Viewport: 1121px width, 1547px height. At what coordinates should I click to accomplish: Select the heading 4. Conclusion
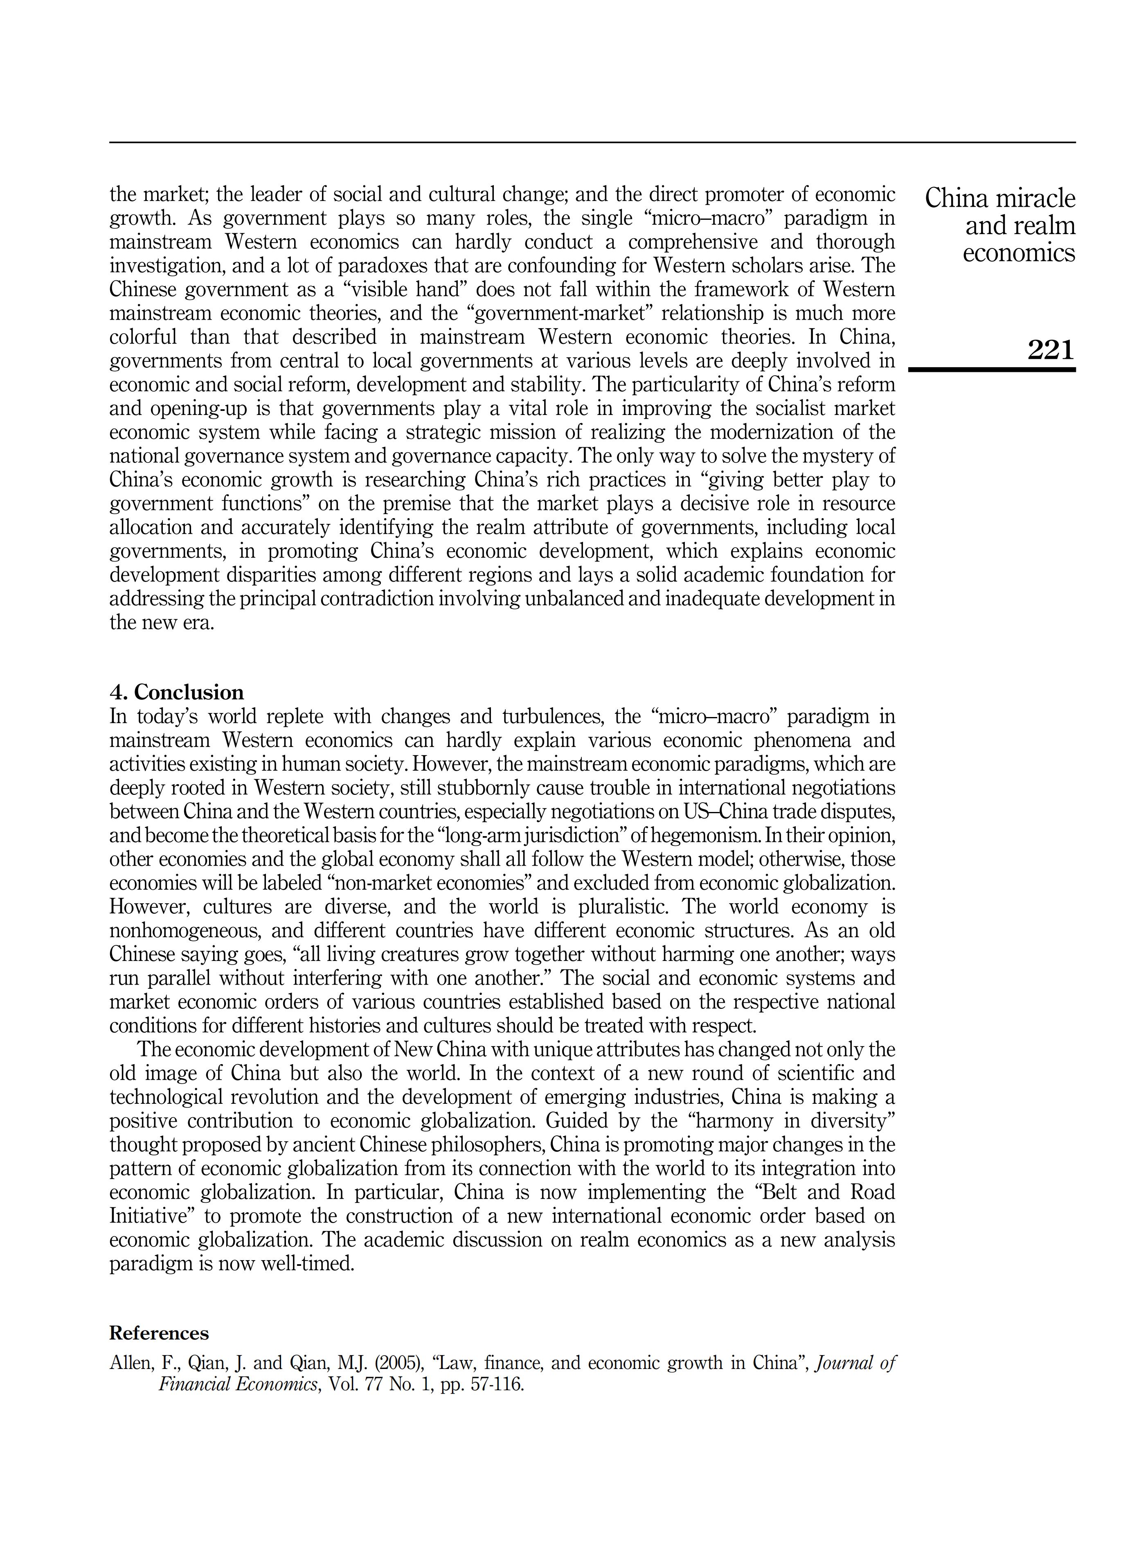177,692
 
